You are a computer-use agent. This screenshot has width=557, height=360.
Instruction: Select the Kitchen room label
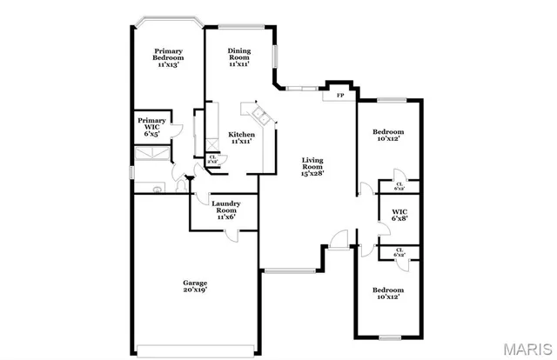point(241,134)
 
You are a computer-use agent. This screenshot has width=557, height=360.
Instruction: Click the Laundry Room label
point(225,205)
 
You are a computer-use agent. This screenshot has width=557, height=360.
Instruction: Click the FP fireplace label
point(339,94)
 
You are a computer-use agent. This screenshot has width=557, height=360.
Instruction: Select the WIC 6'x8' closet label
point(399,211)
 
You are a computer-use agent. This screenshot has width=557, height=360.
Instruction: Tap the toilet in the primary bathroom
point(157,188)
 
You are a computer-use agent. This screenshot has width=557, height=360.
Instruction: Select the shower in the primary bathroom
point(150,155)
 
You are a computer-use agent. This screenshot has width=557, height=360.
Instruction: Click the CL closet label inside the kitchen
point(212,158)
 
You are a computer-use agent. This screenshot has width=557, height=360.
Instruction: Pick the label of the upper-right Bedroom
point(388,132)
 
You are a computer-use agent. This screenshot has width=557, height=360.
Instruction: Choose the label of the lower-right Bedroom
point(388,290)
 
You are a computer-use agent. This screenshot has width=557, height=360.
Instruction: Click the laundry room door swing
point(231,233)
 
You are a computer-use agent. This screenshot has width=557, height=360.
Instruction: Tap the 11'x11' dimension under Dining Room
point(239,64)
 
